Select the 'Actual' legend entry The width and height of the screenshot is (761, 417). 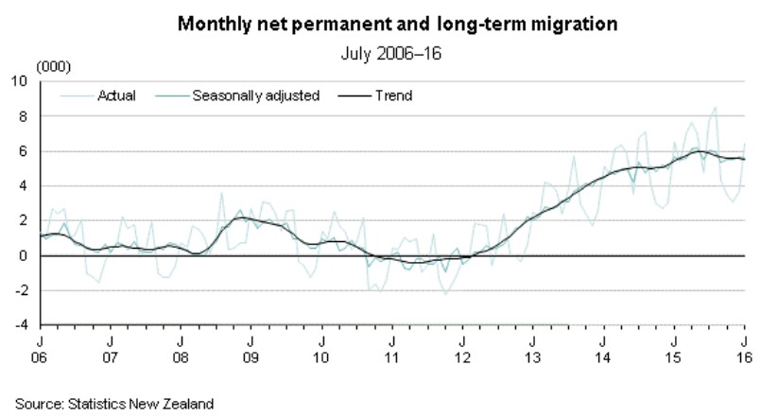pos(117,96)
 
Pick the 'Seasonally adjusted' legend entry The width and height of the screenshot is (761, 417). pos(255,96)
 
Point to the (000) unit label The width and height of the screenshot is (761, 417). pos(52,67)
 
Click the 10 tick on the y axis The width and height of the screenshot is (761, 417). pos(20,82)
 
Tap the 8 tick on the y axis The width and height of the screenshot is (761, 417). pos(24,117)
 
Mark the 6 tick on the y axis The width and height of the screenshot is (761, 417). pos(24,151)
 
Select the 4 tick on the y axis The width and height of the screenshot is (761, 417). pos(24,186)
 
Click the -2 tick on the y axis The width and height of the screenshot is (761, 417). pos(22,290)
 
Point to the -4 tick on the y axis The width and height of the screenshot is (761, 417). pos(22,325)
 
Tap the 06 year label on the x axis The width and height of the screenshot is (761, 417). pos(41,358)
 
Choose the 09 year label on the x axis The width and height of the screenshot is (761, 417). pos(251,358)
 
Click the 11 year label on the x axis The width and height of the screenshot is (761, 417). pos(392,358)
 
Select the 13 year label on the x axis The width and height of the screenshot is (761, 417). pos(533,358)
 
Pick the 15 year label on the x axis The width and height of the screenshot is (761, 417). pos(674,358)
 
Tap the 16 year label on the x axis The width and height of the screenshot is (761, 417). pos(744,358)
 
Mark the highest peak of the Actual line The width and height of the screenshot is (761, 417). pos(716,108)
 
